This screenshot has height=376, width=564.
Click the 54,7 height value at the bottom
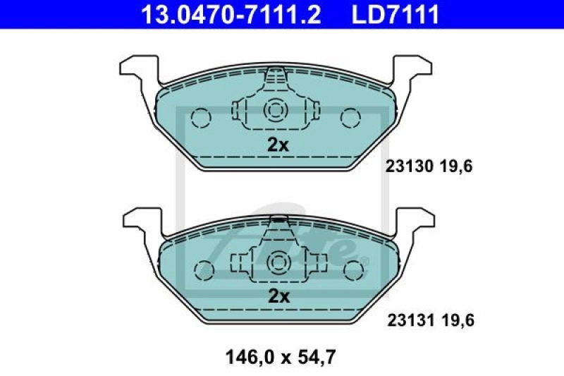point(319,357)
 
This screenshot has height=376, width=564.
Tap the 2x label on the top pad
point(278,145)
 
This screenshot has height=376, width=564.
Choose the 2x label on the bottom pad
point(278,297)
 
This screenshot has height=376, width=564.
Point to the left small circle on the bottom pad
point(205,268)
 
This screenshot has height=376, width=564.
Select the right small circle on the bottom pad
point(352,268)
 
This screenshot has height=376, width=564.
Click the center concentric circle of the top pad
point(274,110)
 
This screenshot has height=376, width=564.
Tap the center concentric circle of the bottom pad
point(278,262)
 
